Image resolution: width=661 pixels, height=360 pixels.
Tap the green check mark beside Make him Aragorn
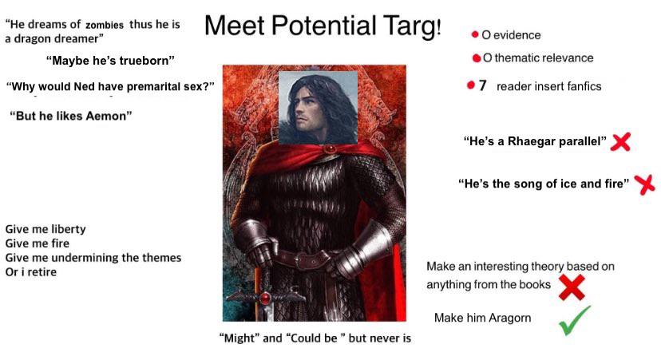(x=575, y=321)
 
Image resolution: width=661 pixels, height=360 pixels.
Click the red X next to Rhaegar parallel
(x=620, y=141)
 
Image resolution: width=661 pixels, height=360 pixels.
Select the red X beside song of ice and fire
(x=644, y=184)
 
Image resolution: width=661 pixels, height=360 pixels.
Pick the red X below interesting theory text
(x=572, y=287)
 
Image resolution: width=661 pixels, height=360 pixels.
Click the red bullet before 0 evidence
(x=475, y=34)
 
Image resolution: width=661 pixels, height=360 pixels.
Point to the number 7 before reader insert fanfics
(x=483, y=85)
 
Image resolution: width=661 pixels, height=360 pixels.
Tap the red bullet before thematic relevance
(x=477, y=58)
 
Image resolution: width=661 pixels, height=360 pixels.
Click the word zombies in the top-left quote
(x=105, y=26)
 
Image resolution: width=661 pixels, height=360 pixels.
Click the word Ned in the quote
(x=84, y=86)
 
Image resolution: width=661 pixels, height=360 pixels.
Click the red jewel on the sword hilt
(x=266, y=298)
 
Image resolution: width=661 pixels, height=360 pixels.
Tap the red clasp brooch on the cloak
(x=330, y=148)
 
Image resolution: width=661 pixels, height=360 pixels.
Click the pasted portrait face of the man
(x=319, y=108)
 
